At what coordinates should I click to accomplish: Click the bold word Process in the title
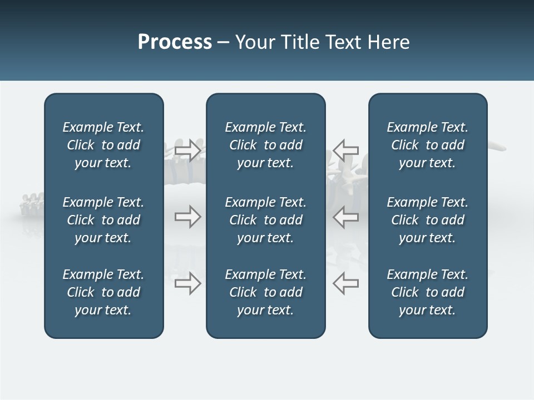[x=175, y=42]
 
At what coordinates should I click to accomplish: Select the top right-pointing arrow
[x=187, y=150]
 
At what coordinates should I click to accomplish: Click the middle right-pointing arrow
[x=187, y=217]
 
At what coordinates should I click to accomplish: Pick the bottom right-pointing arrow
[x=187, y=283]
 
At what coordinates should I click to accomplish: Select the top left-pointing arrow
[x=345, y=150]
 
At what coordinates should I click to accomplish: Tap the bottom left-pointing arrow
[x=345, y=283]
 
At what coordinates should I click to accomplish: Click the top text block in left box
[x=103, y=145]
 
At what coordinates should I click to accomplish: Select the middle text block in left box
[x=103, y=220]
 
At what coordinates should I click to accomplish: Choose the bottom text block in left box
[x=103, y=292]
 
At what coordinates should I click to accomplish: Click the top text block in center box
[x=265, y=145]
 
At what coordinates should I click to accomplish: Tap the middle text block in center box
[x=265, y=220]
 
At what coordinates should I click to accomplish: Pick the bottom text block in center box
[x=265, y=292]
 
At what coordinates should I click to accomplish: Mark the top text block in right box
[x=427, y=145]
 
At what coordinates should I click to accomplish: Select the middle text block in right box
[x=427, y=220]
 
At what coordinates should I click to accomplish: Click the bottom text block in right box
[x=427, y=292]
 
